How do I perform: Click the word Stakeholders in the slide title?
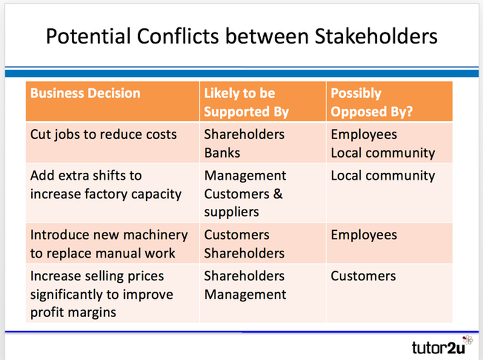point(376,36)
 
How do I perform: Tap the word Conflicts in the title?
point(178,36)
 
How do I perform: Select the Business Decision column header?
point(85,93)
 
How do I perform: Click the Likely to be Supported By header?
point(246,102)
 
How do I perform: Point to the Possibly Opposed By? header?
point(371,102)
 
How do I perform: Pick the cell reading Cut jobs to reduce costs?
point(103,134)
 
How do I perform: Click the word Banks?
point(222,153)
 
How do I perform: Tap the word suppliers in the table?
point(232,212)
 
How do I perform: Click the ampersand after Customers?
point(278,193)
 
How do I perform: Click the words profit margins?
point(73,312)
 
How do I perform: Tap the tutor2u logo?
point(442,345)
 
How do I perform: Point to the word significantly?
point(66,295)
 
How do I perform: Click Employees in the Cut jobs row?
point(364,135)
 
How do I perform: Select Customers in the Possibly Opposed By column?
point(363,276)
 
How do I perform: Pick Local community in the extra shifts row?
point(383,176)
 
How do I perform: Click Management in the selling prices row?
point(245,295)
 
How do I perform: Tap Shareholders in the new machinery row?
point(245,253)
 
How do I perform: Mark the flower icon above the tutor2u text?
point(467,340)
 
